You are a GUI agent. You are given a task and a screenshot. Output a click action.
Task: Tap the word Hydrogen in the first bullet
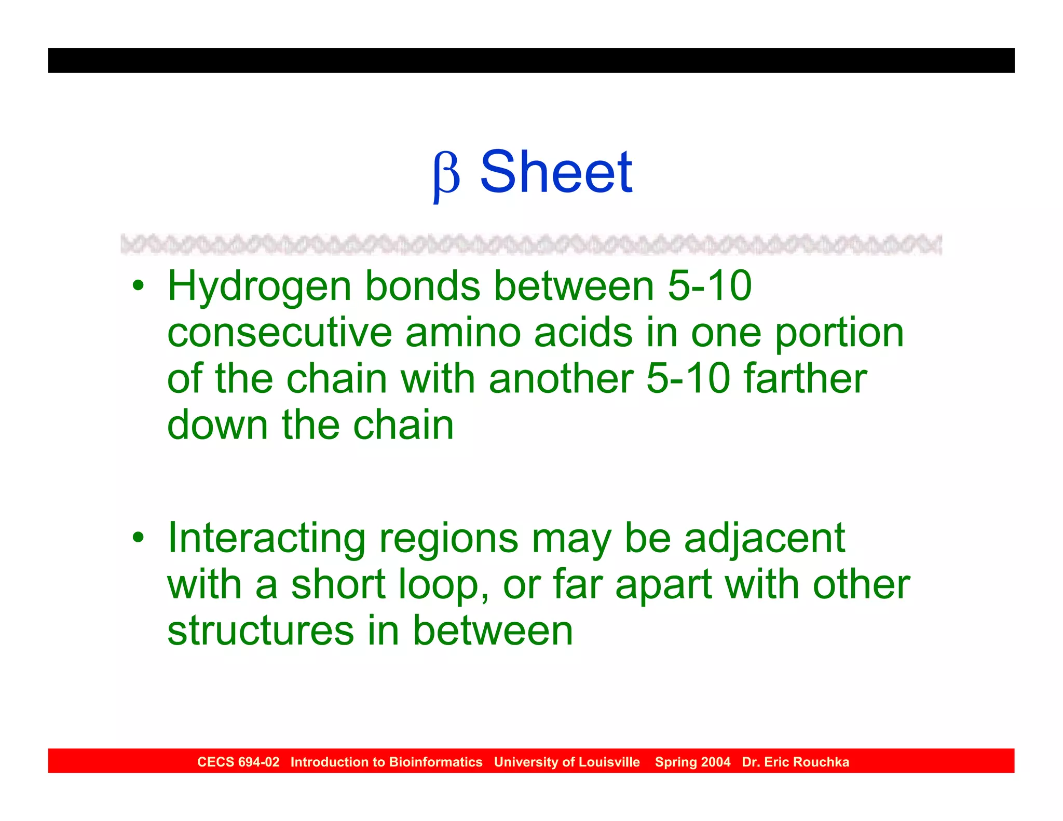point(260,287)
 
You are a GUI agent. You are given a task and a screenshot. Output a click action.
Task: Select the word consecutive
point(279,333)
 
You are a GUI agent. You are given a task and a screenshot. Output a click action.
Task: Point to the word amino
point(463,333)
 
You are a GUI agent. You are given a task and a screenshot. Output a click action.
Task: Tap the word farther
point(805,378)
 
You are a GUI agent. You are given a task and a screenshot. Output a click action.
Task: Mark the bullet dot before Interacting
point(138,537)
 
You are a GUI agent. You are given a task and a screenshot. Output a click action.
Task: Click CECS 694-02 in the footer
point(238,762)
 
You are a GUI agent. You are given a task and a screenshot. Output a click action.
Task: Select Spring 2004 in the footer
point(692,762)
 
